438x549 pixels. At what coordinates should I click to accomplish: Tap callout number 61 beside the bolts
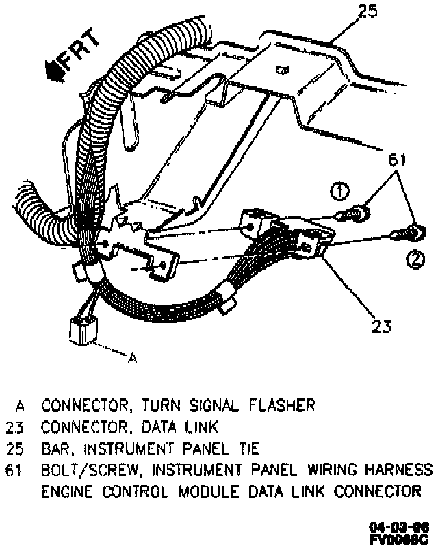(x=396, y=160)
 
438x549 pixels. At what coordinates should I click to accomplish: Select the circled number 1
(x=340, y=192)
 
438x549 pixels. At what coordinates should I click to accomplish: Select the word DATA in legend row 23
(x=159, y=428)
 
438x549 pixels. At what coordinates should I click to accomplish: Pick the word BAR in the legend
(x=55, y=449)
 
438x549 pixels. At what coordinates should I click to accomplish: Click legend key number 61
(x=15, y=470)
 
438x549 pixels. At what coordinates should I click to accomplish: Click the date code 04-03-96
(x=399, y=527)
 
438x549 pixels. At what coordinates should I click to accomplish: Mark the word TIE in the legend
(x=247, y=449)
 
